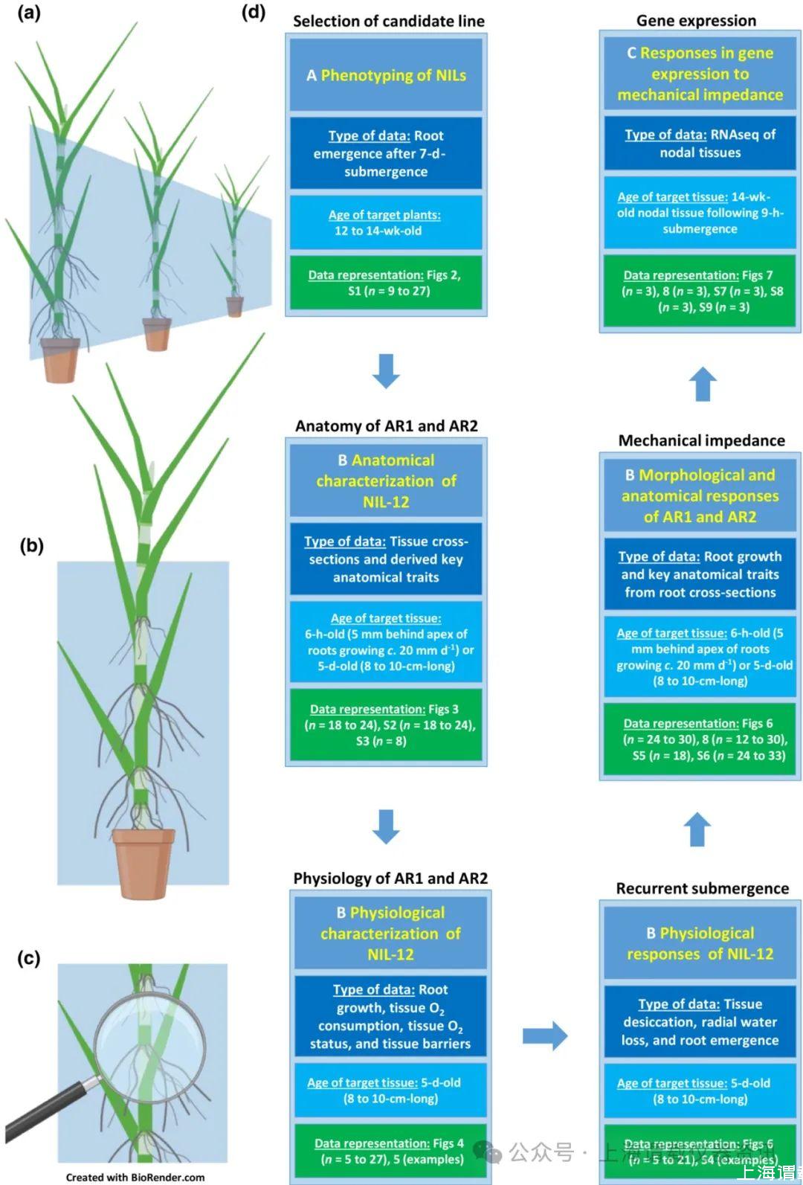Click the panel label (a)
pyautogui.click(x=30, y=13)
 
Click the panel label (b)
pyautogui.click(x=31, y=545)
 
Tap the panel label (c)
pyautogui.click(x=29, y=958)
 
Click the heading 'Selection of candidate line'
pyautogui.click(x=388, y=22)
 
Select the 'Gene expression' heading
pyautogui.click(x=696, y=21)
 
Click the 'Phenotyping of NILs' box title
pyautogui.click(x=386, y=75)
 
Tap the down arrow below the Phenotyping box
pyautogui.click(x=386, y=370)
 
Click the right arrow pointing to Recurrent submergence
pyautogui.click(x=545, y=1035)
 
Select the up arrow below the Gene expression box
pyautogui.click(x=703, y=385)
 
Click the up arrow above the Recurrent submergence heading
pyautogui.click(x=697, y=829)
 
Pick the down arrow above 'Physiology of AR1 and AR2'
pyautogui.click(x=386, y=826)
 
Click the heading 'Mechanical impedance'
pyautogui.click(x=701, y=440)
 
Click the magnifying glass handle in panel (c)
pyautogui.click(x=52, y=1108)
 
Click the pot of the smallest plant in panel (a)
pyautogui.click(x=235, y=306)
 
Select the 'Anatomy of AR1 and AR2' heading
pyautogui.click(x=386, y=426)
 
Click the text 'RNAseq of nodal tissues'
pyautogui.click(x=700, y=144)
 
